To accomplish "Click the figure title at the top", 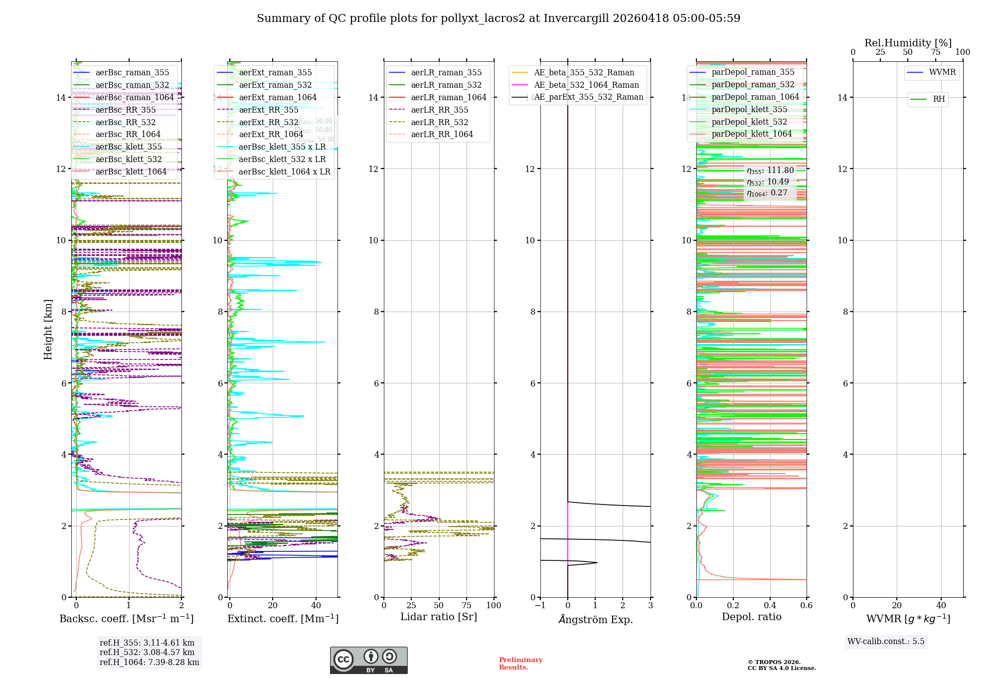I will tap(498, 18).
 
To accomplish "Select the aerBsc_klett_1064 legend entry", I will tap(131, 171).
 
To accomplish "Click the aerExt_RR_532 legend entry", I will tap(268, 122).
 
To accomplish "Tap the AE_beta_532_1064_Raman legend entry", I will tap(586, 85).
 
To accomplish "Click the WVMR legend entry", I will tap(942, 72).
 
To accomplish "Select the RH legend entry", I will tap(939, 99).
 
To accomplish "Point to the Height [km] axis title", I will tap(48, 329).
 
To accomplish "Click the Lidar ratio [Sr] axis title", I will tap(439, 617).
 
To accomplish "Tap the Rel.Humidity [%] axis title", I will tap(908, 43).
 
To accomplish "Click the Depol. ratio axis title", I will tap(751, 617).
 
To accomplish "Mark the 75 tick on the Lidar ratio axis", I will tap(467, 606).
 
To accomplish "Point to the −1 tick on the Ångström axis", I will tap(540, 606).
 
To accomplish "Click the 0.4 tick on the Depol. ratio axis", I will tap(770, 606).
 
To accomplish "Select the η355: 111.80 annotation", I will tap(770, 170).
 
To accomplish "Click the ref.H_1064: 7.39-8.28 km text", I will tap(149, 663).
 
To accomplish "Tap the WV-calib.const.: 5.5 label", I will tap(886, 642).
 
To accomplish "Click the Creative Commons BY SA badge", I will tap(368, 661).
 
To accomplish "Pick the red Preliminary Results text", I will tap(520, 664).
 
